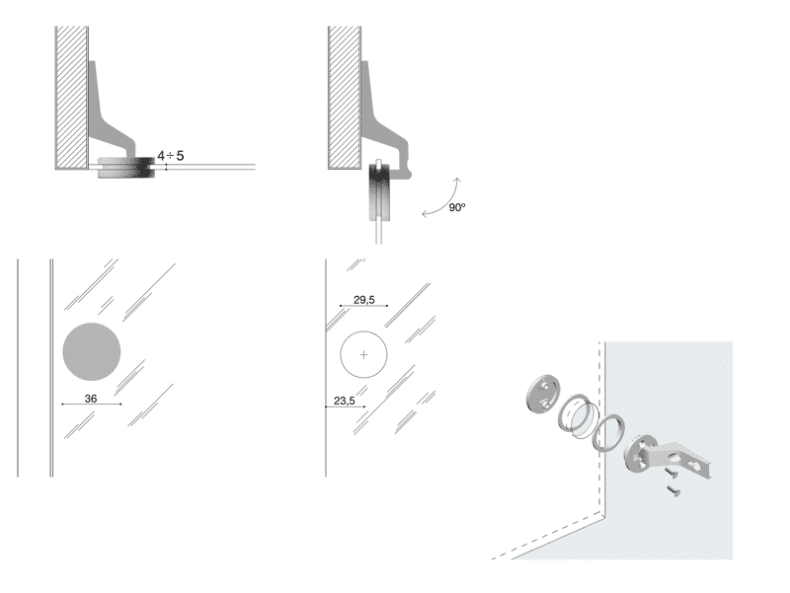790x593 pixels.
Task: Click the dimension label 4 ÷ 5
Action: click(170, 156)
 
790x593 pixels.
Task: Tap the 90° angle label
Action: click(457, 207)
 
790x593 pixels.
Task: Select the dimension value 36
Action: click(91, 399)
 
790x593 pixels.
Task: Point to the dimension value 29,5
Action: click(363, 300)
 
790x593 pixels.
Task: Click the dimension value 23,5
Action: click(344, 401)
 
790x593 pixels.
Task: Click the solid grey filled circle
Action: click(92, 352)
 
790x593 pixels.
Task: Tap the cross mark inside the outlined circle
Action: click(363, 355)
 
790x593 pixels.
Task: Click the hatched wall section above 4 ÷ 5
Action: click(72, 98)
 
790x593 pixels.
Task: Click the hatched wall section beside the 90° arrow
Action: click(345, 98)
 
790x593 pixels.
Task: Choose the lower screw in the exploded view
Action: click(673, 489)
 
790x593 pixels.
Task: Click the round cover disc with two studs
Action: click(542, 394)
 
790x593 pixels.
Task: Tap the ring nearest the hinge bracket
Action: click(608, 433)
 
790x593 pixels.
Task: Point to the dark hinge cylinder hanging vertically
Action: click(379, 191)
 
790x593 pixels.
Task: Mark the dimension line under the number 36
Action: click(91, 405)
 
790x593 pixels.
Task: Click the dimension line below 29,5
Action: click(363, 306)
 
